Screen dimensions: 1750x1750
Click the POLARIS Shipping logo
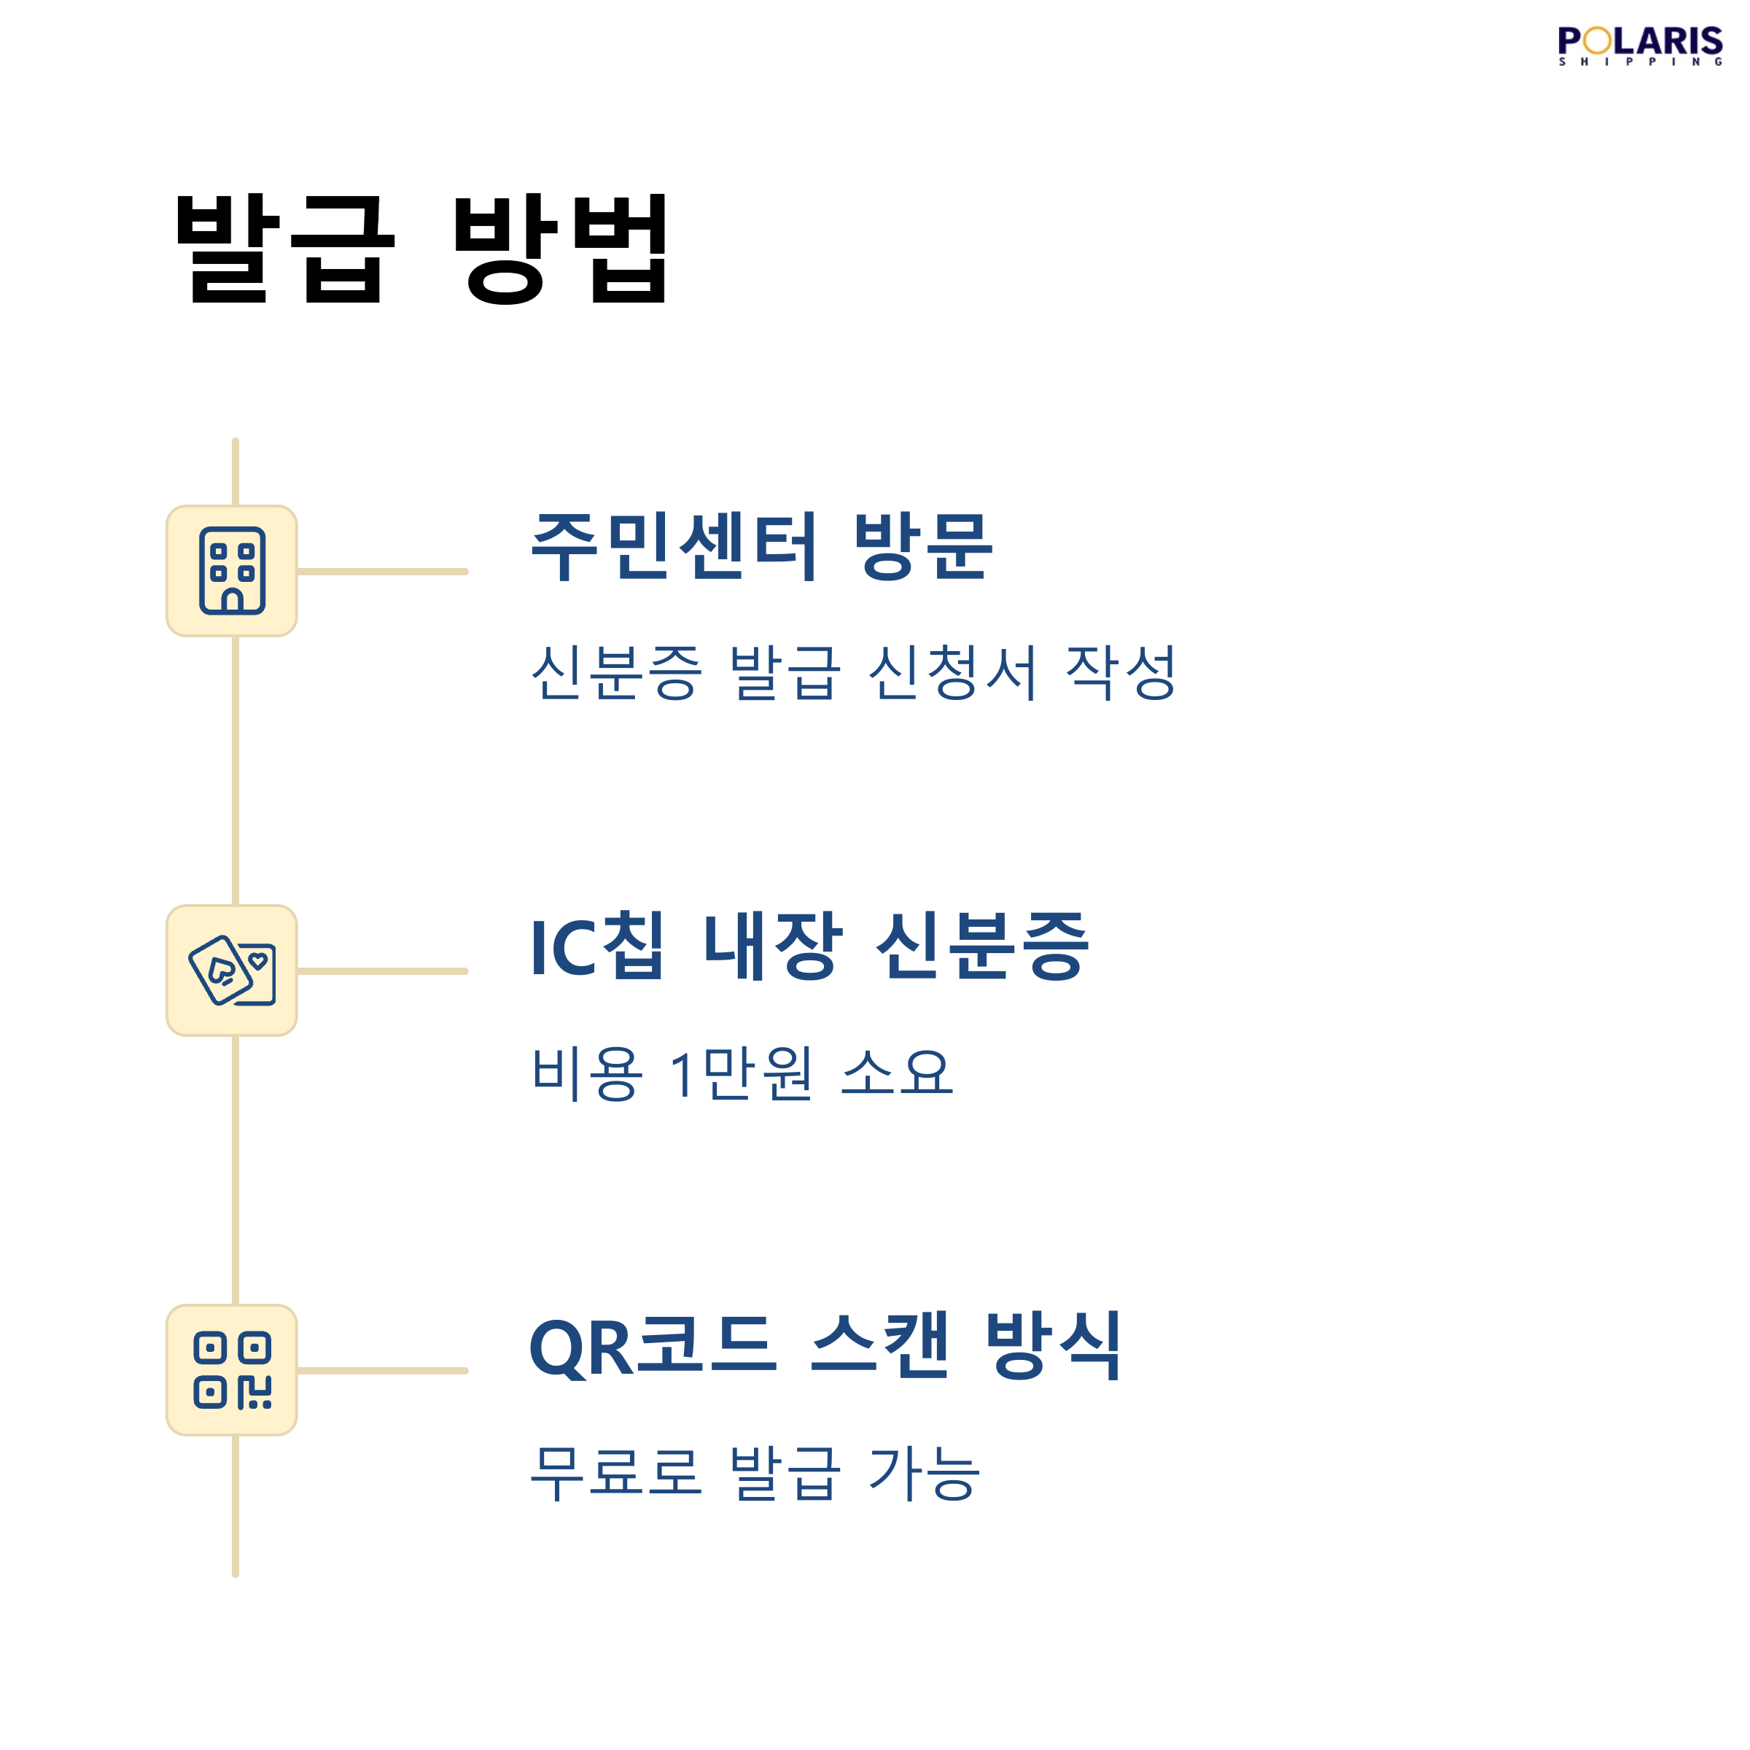[1639, 45]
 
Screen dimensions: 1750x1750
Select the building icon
[232, 571]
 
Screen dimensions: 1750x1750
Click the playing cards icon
[232, 970]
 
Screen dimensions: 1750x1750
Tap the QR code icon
[232, 1369]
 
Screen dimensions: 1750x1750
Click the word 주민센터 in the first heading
[674, 545]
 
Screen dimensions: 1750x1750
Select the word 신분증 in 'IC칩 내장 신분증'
[982, 946]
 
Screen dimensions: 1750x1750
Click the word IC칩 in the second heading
[598, 946]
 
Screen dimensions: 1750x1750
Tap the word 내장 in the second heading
[773, 946]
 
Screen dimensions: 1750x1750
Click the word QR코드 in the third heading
[652, 1346]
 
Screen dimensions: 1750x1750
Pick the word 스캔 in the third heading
[879, 1346]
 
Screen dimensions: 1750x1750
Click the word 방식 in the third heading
[1052, 1346]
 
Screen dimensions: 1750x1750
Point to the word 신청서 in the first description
[952, 673]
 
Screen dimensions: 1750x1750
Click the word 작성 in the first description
[1121, 673]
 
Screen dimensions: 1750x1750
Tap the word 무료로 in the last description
[616, 1473]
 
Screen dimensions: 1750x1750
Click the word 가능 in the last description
[924, 1473]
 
